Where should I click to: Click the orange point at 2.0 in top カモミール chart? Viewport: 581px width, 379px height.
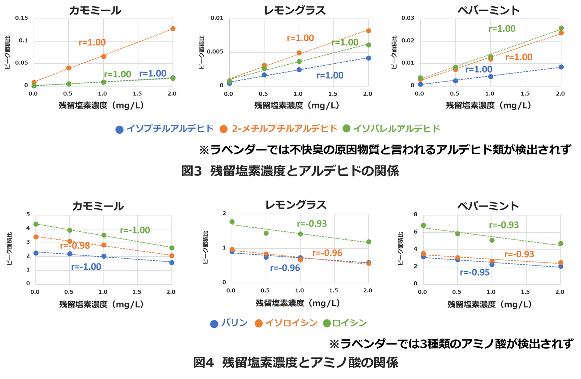[173, 29]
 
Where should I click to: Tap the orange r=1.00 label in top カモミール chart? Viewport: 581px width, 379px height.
[92, 42]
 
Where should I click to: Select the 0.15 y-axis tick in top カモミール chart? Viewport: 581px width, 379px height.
[22, 18]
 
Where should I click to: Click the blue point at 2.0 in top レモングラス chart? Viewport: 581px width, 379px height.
[369, 58]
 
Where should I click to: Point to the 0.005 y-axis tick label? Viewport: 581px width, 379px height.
[215, 52]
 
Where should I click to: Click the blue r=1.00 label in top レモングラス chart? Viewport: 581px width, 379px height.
[330, 75]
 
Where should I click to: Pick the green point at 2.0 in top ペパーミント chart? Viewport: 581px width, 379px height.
[561, 28]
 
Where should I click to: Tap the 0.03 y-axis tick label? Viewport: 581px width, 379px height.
[408, 18]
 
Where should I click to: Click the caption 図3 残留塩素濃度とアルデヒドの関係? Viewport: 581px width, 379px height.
[290, 171]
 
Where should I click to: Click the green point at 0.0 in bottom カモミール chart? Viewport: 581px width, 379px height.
[36, 224]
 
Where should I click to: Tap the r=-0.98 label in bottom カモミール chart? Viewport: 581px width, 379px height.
[75, 246]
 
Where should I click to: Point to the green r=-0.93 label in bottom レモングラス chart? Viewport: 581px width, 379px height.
[312, 224]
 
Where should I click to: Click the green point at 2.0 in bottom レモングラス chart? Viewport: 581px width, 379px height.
[369, 242]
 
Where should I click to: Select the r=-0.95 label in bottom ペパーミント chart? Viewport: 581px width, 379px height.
[475, 272]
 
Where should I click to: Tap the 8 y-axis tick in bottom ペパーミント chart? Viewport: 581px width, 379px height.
[415, 214]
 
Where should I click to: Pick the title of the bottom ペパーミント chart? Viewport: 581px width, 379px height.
[488, 206]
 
